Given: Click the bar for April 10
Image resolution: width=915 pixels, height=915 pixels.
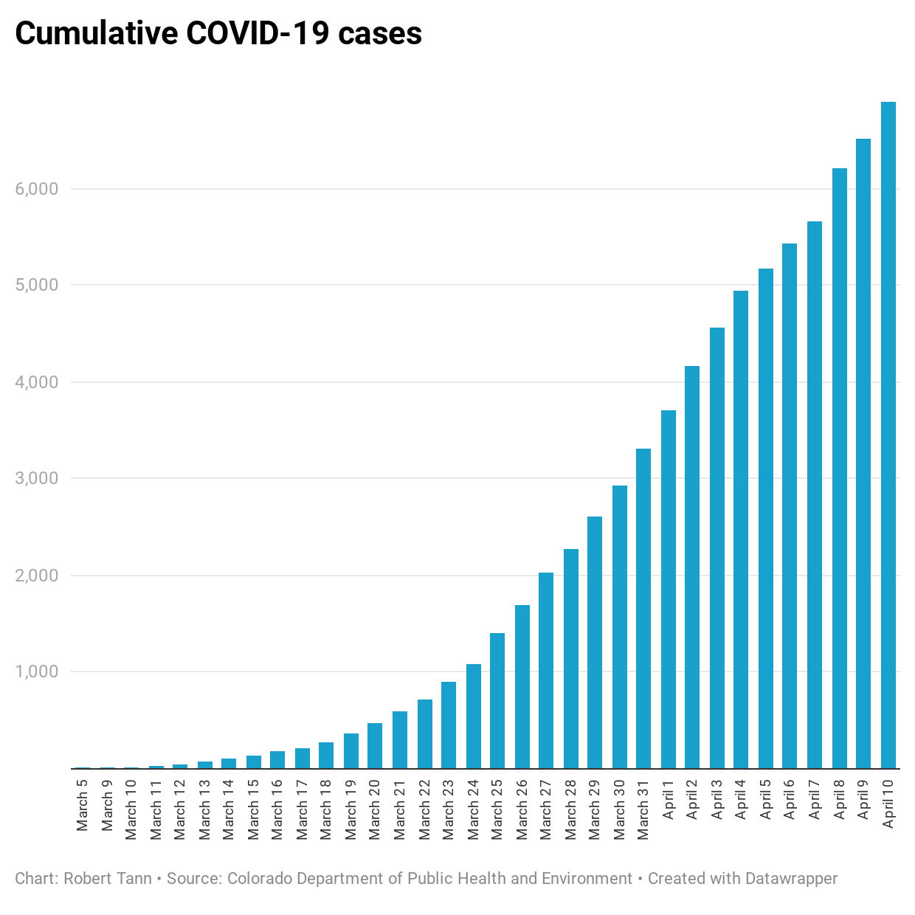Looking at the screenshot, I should (888, 435).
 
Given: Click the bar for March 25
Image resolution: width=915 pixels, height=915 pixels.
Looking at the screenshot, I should (497, 700).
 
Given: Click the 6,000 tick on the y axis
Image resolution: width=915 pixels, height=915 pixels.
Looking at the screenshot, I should (36, 189).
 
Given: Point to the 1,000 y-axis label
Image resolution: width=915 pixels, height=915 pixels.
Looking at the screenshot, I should (36, 671).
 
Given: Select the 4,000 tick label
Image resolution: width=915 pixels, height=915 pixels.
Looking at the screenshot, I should (36, 382).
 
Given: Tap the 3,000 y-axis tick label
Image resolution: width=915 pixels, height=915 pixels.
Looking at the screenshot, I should (36, 478).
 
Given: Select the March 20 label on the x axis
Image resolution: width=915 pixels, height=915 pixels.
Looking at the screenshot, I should (375, 809).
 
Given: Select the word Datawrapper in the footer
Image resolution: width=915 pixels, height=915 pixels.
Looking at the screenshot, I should (791, 878).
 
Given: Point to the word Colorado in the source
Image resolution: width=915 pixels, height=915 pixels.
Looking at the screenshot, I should (260, 878).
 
